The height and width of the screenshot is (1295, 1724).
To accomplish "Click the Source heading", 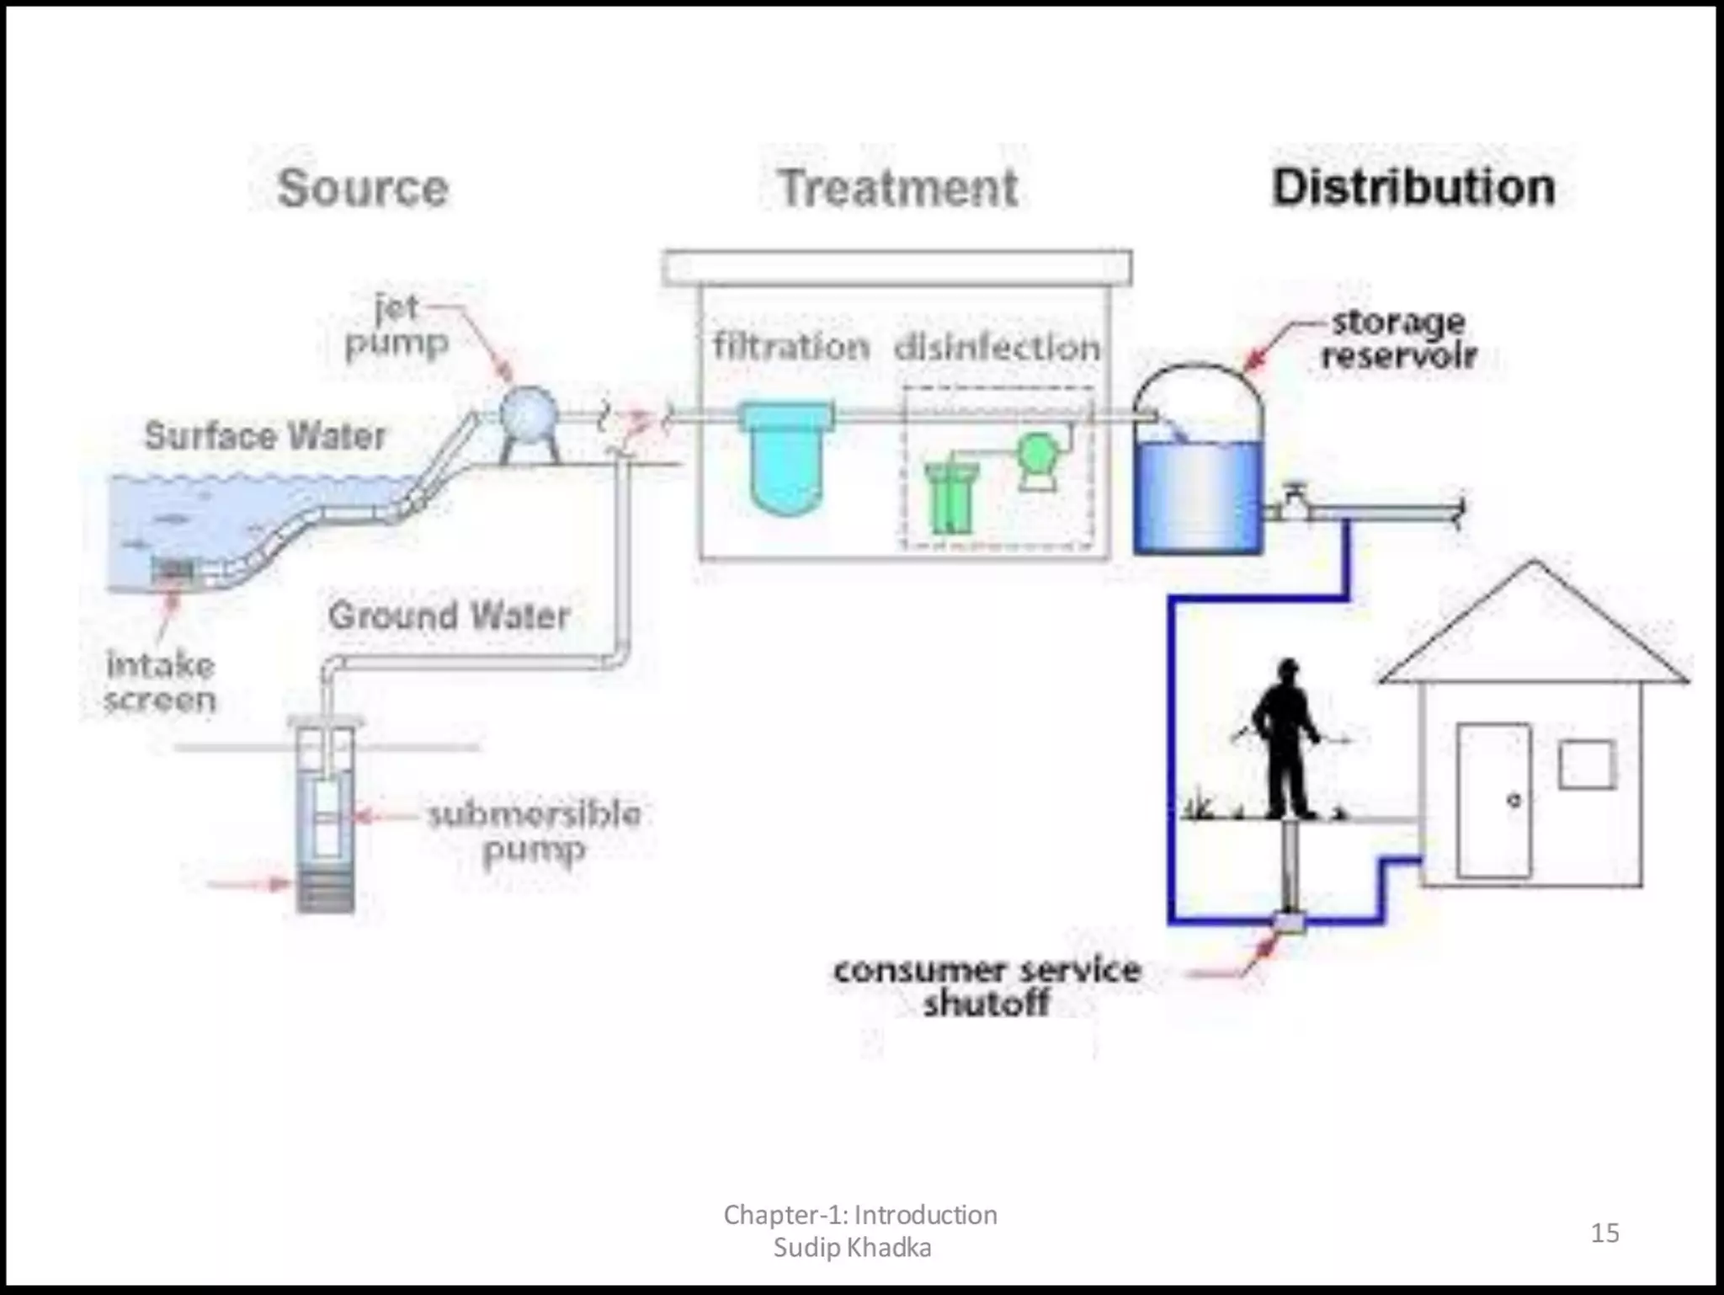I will (x=363, y=188).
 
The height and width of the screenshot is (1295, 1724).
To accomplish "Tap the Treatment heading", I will (x=898, y=188).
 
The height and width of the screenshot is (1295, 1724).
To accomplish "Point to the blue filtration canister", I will (x=785, y=459).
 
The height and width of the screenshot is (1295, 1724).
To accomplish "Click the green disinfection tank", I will (x=950, y=498).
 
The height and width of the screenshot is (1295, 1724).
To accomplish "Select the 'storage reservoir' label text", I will (x=1398, y=338).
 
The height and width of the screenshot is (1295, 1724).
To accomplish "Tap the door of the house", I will (x=1494, y=800).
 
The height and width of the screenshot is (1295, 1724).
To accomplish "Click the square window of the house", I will (x=1587, y=765).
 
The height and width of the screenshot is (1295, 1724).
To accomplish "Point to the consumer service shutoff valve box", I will (x=1288, y=921).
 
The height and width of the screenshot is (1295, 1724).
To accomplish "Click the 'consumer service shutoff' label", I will (x=987, y=986).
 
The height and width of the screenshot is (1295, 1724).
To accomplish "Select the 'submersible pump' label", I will (x=535, y=832).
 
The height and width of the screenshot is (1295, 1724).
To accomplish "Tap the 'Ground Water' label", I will (x=449, y=616).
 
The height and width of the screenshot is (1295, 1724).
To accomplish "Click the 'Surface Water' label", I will (x=265, y=436).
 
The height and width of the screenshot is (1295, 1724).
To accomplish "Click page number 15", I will (x=1604, y=1233).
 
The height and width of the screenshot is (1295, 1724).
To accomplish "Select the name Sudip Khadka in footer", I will (x=852, y=1247).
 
